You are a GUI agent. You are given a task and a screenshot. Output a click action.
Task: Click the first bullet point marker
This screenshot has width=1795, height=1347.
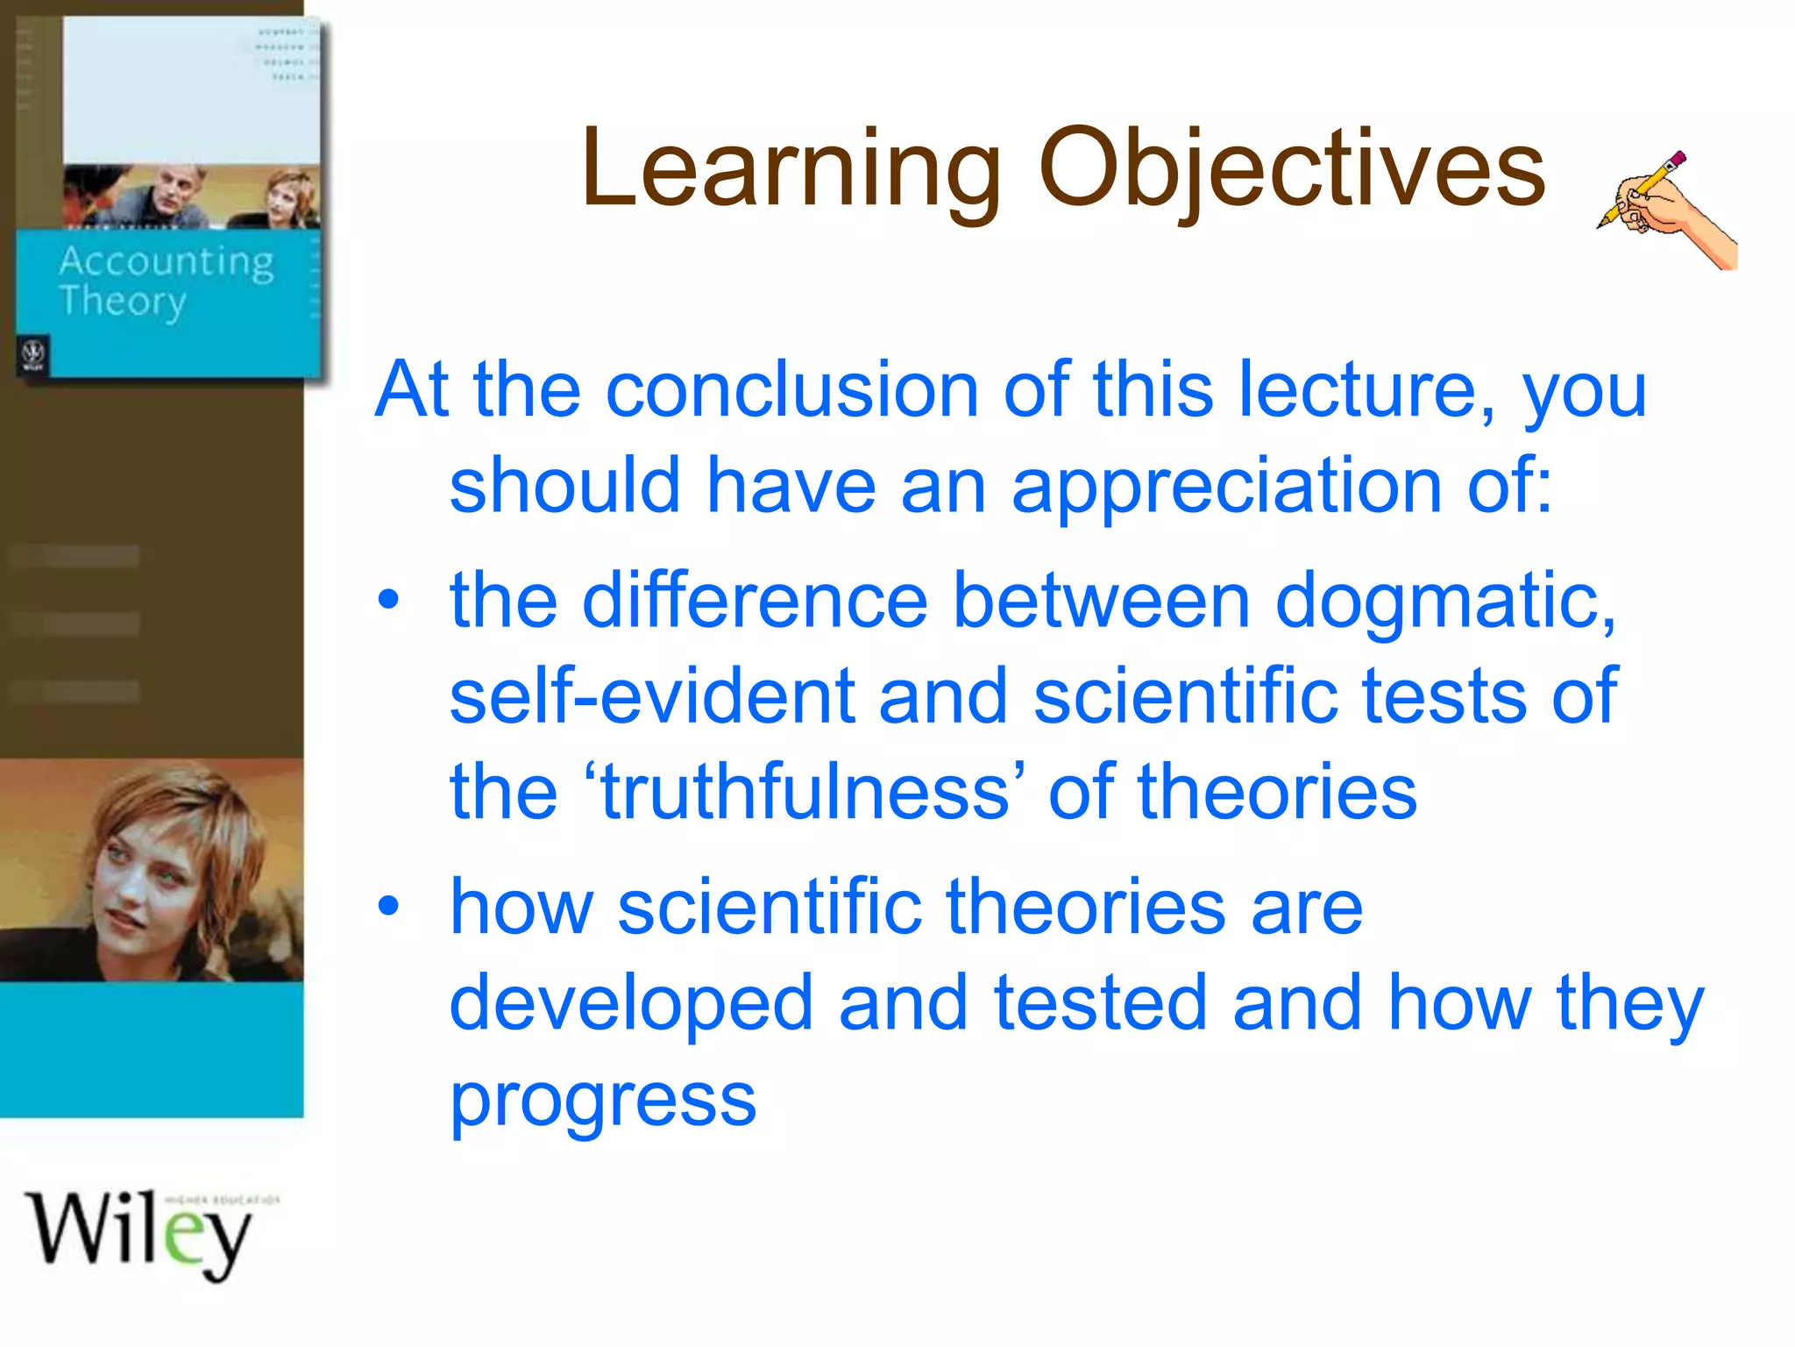[388, 602]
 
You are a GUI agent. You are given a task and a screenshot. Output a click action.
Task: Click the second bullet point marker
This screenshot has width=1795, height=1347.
[388, 907]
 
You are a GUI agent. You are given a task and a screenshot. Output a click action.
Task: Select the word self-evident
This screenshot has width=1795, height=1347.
[652, 697]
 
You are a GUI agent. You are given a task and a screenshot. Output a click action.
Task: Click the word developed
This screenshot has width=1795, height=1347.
[631, 1003]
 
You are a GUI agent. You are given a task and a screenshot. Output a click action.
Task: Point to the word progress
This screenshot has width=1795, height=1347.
[603, 1101]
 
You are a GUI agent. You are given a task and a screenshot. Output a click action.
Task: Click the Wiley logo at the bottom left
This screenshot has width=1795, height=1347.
[140, 1232]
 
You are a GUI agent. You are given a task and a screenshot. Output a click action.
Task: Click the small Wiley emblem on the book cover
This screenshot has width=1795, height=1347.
[33, 355]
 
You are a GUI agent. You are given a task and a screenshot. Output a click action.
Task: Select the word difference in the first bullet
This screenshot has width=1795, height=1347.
[754, 602]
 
